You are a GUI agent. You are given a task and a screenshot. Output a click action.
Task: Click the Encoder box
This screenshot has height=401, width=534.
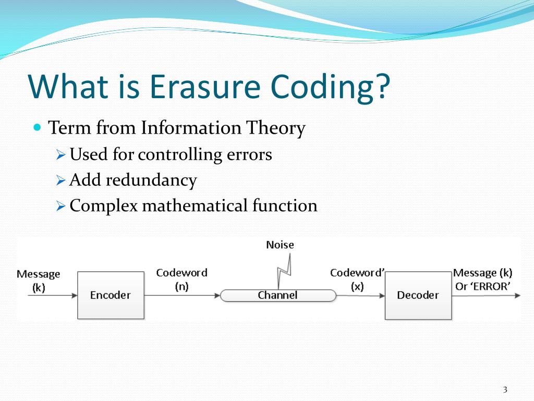click(x=111, y=295)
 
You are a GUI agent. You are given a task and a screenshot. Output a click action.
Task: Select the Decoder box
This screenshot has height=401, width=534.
click(x=418, y=295)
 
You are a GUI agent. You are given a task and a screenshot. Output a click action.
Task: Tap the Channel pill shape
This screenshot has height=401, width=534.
click(x=277, y=296)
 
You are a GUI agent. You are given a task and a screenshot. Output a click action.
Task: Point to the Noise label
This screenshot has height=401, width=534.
click(x=280, y=244)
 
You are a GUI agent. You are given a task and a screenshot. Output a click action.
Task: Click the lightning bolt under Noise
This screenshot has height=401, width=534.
click(x=285, y=272)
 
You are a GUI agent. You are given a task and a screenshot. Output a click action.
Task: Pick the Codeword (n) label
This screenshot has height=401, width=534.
click(x=181, y=279)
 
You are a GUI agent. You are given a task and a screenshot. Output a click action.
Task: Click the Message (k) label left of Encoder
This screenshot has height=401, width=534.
click(x=39, y=280)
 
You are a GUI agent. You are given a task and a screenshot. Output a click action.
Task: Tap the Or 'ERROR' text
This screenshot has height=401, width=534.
click(x=483, y=286)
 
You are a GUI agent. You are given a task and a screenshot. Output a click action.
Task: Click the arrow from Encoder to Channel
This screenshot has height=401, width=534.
click(x=182, y=296)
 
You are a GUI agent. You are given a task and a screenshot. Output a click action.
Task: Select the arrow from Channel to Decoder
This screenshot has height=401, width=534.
click(x=360, y=296)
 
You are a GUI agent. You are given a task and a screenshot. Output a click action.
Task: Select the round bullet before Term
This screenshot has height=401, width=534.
click(x=37, y=127)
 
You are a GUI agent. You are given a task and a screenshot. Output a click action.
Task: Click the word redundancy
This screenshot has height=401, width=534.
click(x=151, y=180)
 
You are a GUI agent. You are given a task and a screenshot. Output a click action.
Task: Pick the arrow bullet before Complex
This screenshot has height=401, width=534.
click(x=60, y=206)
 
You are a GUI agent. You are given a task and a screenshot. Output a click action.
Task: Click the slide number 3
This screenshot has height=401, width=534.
click(x=505, y=390)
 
